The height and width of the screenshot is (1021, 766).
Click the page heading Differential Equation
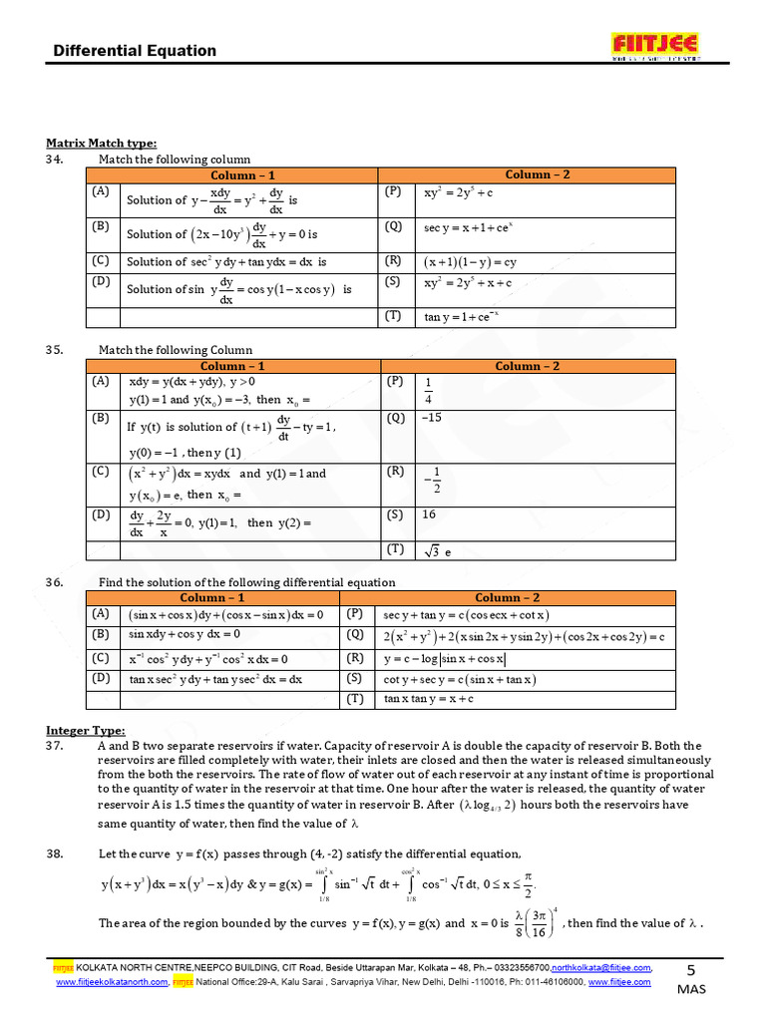134,51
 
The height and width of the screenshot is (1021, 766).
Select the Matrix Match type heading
101,143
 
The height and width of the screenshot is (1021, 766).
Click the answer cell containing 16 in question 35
430,514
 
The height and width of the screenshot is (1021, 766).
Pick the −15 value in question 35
432,419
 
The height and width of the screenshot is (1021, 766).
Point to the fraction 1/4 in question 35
429,391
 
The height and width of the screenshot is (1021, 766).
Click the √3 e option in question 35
437,550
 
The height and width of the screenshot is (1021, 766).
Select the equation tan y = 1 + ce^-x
461,317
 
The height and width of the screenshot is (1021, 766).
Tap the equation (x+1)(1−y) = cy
470,263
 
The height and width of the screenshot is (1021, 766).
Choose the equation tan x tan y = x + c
429,699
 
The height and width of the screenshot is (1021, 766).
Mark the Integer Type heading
86,731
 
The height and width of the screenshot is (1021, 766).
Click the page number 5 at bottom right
692,969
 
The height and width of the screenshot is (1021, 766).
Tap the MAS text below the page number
691,989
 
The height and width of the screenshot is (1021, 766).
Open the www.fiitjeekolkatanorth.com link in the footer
111,982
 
